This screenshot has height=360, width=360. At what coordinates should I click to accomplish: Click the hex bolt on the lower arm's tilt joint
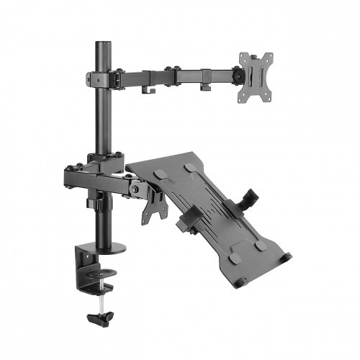tap(135, 189)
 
